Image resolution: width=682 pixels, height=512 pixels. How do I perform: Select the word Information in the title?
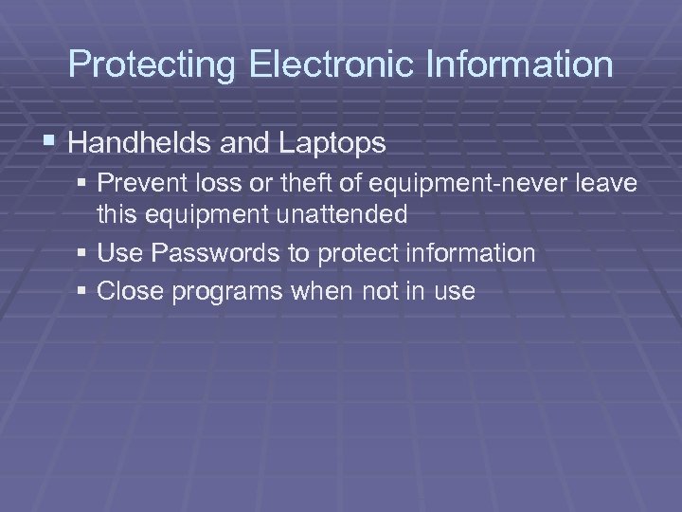click(524, 64)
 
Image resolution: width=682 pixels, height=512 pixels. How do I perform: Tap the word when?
click(322, 291)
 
